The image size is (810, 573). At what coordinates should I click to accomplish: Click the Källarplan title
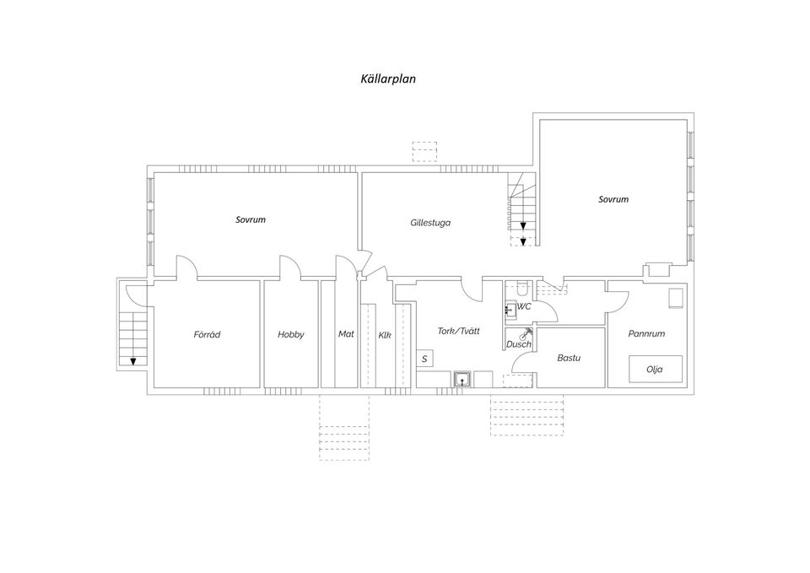388,79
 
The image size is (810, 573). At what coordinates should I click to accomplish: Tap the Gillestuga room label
430,223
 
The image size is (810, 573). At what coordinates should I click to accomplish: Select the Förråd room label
207,334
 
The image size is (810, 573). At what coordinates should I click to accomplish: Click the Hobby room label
291,334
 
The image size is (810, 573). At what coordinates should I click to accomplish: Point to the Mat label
346,334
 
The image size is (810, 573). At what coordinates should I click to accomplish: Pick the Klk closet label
385,335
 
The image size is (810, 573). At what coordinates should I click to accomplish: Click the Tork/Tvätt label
459,331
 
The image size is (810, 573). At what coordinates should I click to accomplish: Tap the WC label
524,306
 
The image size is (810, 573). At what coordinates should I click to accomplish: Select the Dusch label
519,344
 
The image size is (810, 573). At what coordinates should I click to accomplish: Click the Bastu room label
569,358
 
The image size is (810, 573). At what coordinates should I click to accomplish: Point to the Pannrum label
646,334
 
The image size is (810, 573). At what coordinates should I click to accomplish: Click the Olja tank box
655,369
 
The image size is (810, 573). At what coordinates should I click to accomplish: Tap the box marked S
424,359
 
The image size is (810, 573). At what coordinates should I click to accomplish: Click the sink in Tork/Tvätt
462,379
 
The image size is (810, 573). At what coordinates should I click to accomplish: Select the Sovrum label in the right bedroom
613,199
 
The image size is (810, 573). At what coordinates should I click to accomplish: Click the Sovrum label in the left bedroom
251,219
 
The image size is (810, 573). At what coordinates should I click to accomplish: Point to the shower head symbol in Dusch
526,333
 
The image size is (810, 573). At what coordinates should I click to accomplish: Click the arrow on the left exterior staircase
133,361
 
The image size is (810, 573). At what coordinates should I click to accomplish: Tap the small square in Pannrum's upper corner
676,299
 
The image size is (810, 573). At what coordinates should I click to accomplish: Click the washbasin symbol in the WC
510,310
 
